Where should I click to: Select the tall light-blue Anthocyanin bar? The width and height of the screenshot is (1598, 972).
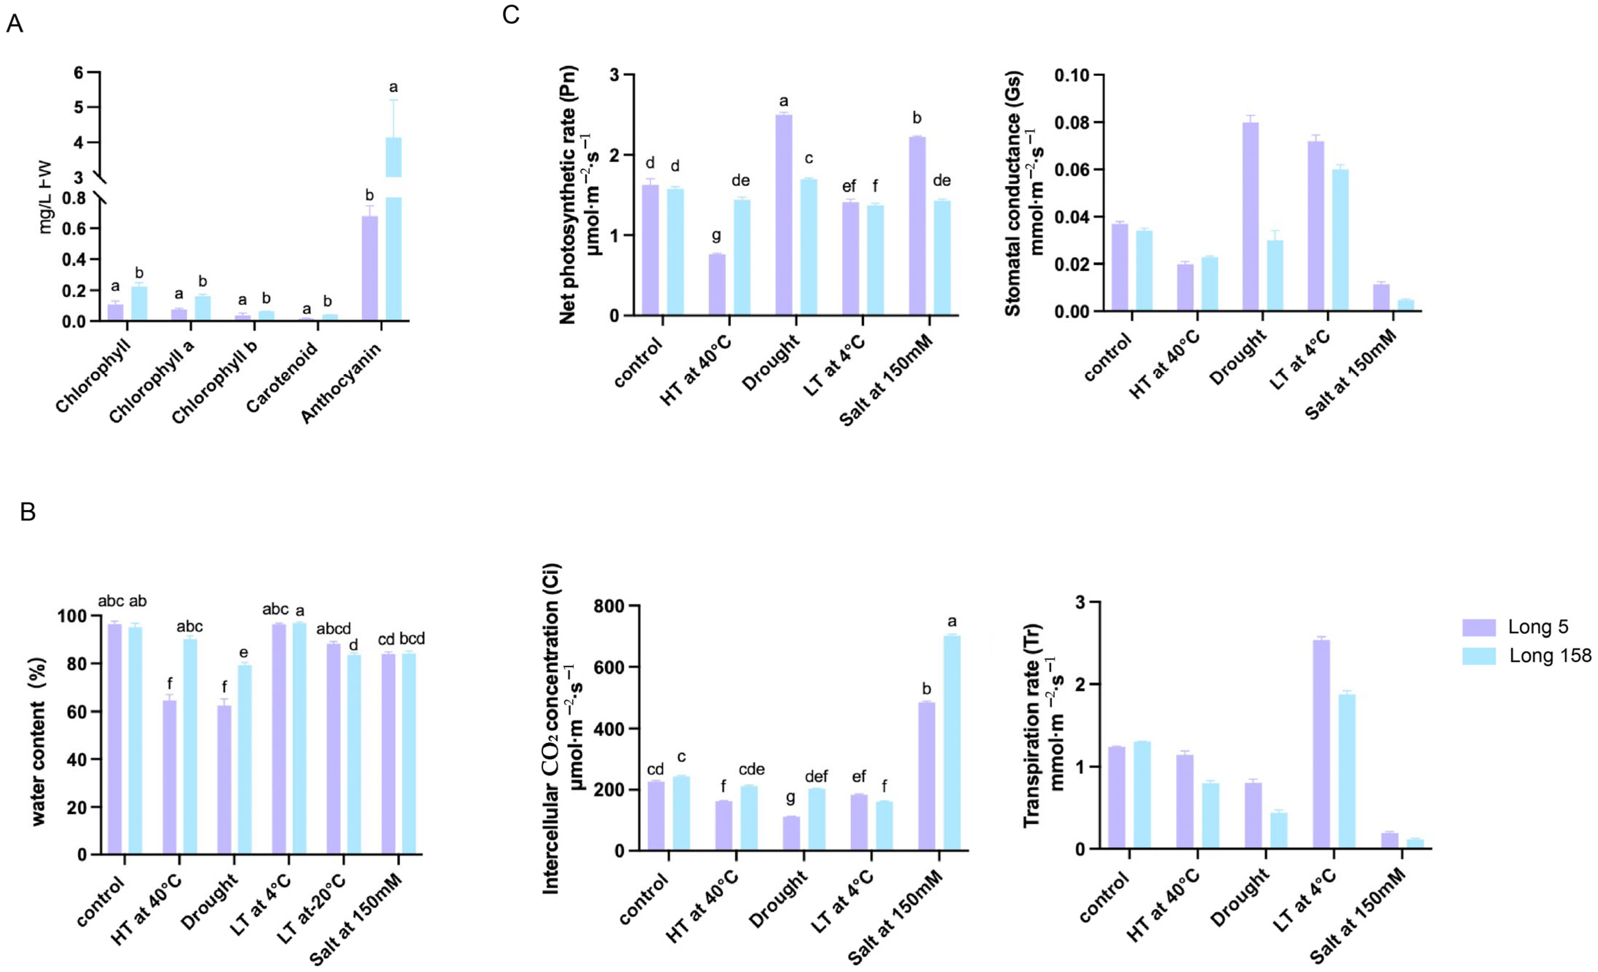coord(393,227)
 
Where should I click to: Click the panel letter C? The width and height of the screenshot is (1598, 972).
coord(510,14)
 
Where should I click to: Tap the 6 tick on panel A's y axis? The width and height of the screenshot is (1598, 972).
coord(79,72)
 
